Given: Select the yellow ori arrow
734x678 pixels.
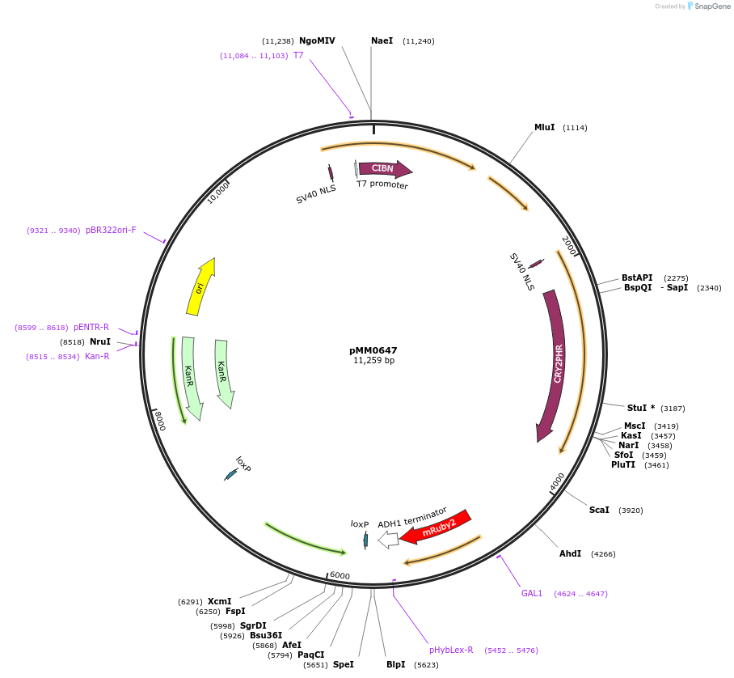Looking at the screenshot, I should pos(200,286).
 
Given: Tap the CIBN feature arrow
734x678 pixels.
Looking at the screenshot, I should pos(385,168).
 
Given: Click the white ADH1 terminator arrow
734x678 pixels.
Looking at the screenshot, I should pos(388,540).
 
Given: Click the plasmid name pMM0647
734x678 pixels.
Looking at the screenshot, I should pos(373,350).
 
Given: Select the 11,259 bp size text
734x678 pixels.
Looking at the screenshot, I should pos(373,361).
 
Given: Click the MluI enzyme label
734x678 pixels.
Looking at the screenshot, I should pos(544,127).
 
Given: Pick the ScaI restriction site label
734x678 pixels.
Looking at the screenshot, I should pos(599,510).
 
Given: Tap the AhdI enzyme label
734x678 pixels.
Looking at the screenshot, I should pos(570,553).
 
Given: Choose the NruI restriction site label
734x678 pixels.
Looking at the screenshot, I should pos(99,342).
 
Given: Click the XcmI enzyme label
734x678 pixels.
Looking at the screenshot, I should pos(219,601).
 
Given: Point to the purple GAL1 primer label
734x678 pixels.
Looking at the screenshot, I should pos(532,593).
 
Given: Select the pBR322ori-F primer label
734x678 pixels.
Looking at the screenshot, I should pos(111,230).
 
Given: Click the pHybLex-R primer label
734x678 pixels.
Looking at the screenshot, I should pos(451,650).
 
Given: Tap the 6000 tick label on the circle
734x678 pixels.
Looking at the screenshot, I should pos(340,575).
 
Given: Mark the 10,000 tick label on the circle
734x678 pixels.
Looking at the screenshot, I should pos(218,193).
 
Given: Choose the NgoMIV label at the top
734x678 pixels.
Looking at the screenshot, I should pos(317,40).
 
